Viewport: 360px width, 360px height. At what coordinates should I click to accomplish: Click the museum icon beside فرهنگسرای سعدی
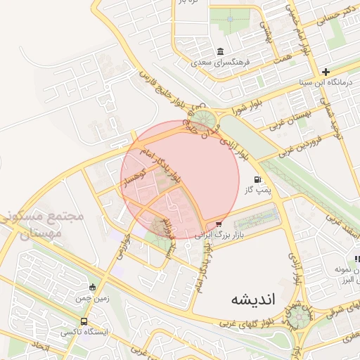pos(221,53)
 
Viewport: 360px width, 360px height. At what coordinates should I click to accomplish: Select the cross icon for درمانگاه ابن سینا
pos(326,72)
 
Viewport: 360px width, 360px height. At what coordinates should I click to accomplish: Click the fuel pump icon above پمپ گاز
pos(257,179)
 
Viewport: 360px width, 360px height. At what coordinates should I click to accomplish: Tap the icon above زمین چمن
pos(92,287)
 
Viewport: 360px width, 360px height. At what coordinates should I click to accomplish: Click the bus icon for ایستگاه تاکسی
pos(84,321)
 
